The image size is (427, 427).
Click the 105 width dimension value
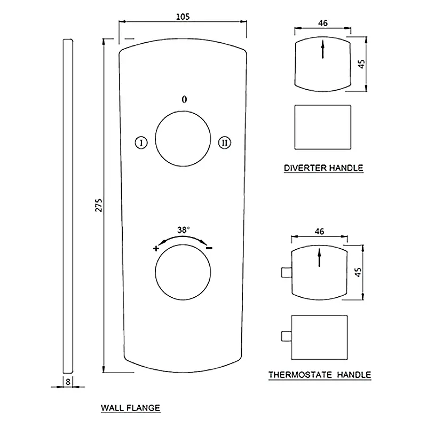(x=183, y=17)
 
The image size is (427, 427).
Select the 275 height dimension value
(x=99, y=205)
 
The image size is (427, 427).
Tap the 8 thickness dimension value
(x=68, y=382)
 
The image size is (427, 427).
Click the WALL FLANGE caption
(x=130, y=408)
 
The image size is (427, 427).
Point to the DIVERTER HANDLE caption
(x=323, y=168)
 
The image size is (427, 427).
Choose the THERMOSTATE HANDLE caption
(x=320, y=375)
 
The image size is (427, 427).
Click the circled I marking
(x=141, y=143)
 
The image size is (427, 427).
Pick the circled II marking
(x=225, y=143)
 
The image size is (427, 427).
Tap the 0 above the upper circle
(x=184, y=100)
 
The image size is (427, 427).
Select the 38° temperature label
(x=183, y=230)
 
